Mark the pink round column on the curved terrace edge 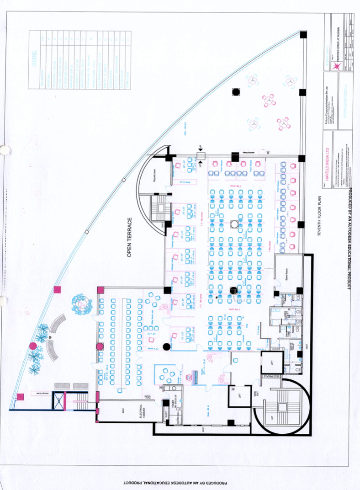[x=33, y=346]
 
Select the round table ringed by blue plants [x=82, y=303]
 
